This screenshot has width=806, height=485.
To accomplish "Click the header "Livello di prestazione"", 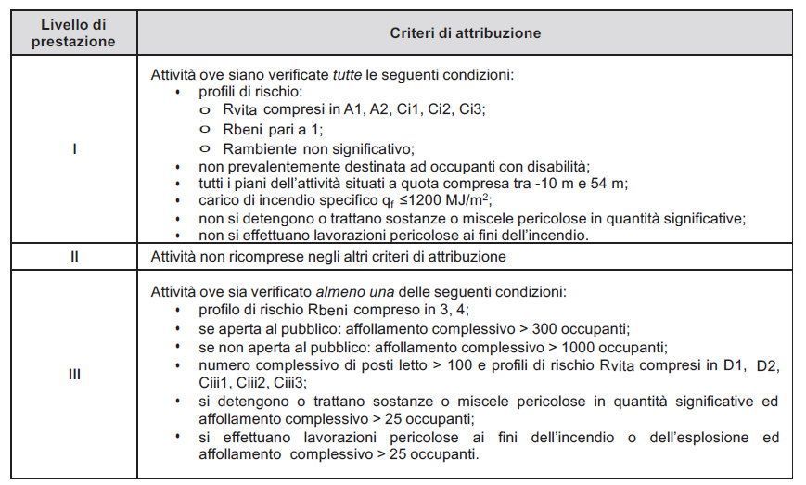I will click(x=73, y=32).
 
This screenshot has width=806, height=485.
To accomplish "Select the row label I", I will click(x=73, y=147).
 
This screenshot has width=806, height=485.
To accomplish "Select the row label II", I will click(x=73, y=256).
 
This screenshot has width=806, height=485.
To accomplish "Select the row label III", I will click(x=73, y=374).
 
